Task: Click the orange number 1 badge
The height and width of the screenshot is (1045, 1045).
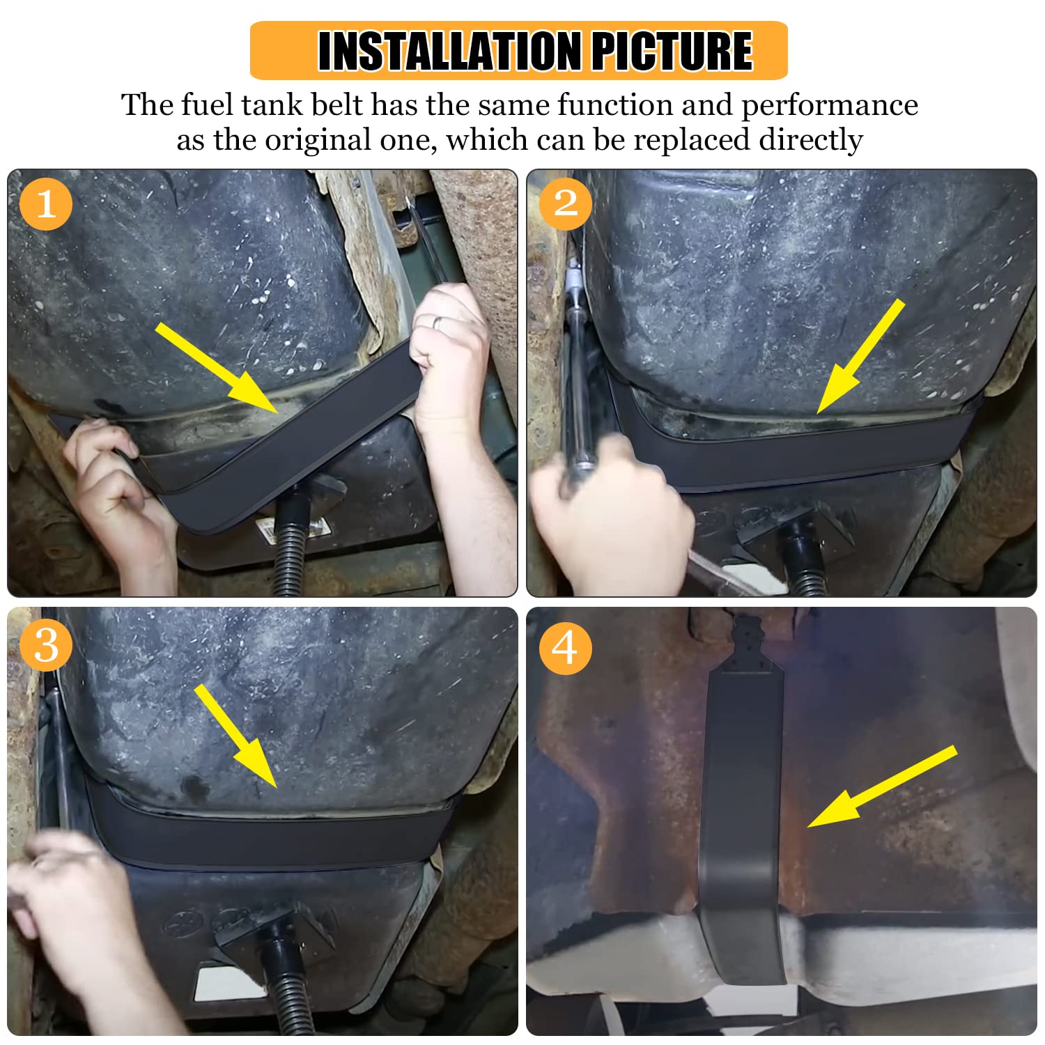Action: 46,204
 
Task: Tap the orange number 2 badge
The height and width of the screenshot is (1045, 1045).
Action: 565,204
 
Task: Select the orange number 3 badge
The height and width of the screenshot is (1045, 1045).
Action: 46,645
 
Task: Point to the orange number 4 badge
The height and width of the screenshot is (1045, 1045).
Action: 565,647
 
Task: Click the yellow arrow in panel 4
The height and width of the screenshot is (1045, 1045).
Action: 881,787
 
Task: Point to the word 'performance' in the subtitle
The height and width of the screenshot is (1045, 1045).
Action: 829,105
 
